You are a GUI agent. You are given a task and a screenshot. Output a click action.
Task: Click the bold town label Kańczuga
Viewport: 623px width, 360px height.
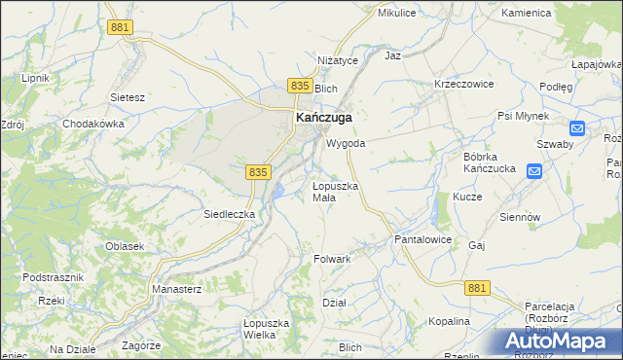(x=323, y=118)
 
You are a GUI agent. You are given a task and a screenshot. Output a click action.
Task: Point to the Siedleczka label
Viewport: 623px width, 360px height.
(x=229, y=213)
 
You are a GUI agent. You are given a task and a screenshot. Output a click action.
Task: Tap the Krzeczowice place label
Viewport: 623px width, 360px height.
(x=463, y=85)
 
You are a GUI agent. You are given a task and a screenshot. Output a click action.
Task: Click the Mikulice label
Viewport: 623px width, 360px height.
(x=397, y=14)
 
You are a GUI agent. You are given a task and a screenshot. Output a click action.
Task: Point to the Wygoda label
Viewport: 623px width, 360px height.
(x=346, y=143)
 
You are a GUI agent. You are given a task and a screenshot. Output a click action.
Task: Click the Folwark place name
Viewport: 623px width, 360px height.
(x=332, y=260)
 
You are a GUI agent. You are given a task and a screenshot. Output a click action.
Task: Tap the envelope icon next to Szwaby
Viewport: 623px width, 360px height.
(x=576, y=127)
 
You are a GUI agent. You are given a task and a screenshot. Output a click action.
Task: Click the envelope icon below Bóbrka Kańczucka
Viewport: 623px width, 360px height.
(x=534, y=171)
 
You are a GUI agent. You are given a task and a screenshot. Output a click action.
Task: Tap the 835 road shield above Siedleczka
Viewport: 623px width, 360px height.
(x=257, y=171)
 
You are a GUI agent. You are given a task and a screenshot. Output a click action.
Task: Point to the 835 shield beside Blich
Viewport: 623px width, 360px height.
(x=299, y=87)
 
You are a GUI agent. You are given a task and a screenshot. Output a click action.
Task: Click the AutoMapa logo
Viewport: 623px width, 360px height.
(x=558, y=342)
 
